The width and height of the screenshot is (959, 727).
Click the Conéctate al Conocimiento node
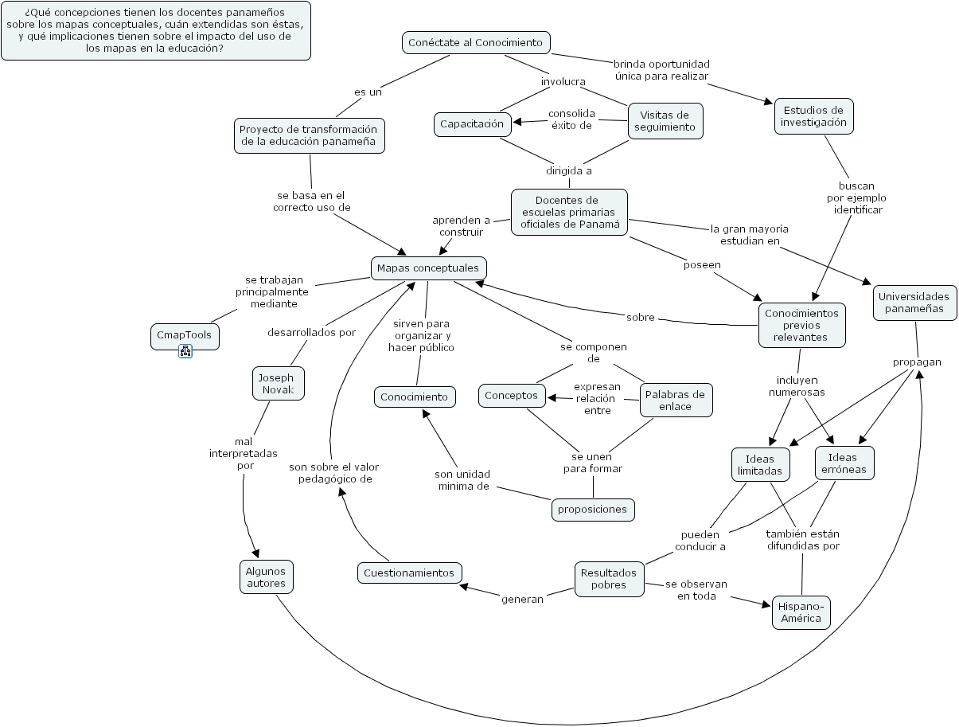point(475,42)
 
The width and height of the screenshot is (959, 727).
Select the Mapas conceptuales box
point(428,268)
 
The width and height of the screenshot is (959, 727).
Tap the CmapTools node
point(185,335)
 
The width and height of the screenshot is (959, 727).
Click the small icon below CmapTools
point(185,351)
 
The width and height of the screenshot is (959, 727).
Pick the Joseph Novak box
point(278,383)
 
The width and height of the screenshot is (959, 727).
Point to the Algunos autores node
point(266,577)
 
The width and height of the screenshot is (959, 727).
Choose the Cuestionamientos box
point(409,573)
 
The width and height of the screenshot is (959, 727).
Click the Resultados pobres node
point(609,579)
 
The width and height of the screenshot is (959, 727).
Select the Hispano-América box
point(801,612)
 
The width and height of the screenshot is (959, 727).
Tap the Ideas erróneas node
point(844,463)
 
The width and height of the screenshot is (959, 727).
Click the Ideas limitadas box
point(760,465)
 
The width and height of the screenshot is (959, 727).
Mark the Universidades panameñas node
point(914,303)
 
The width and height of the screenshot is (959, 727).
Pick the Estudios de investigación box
point(813,116)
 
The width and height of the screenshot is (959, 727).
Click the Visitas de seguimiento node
point(665,121)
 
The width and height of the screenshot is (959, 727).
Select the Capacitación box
point(472,123)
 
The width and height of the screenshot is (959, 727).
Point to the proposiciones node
point(592,509)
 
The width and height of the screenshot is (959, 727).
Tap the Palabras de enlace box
point(675,400)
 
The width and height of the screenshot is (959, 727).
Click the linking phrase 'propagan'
point(917,362)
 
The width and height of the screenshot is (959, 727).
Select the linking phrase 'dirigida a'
point(568,170)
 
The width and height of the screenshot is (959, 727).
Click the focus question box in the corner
point(155,30)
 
